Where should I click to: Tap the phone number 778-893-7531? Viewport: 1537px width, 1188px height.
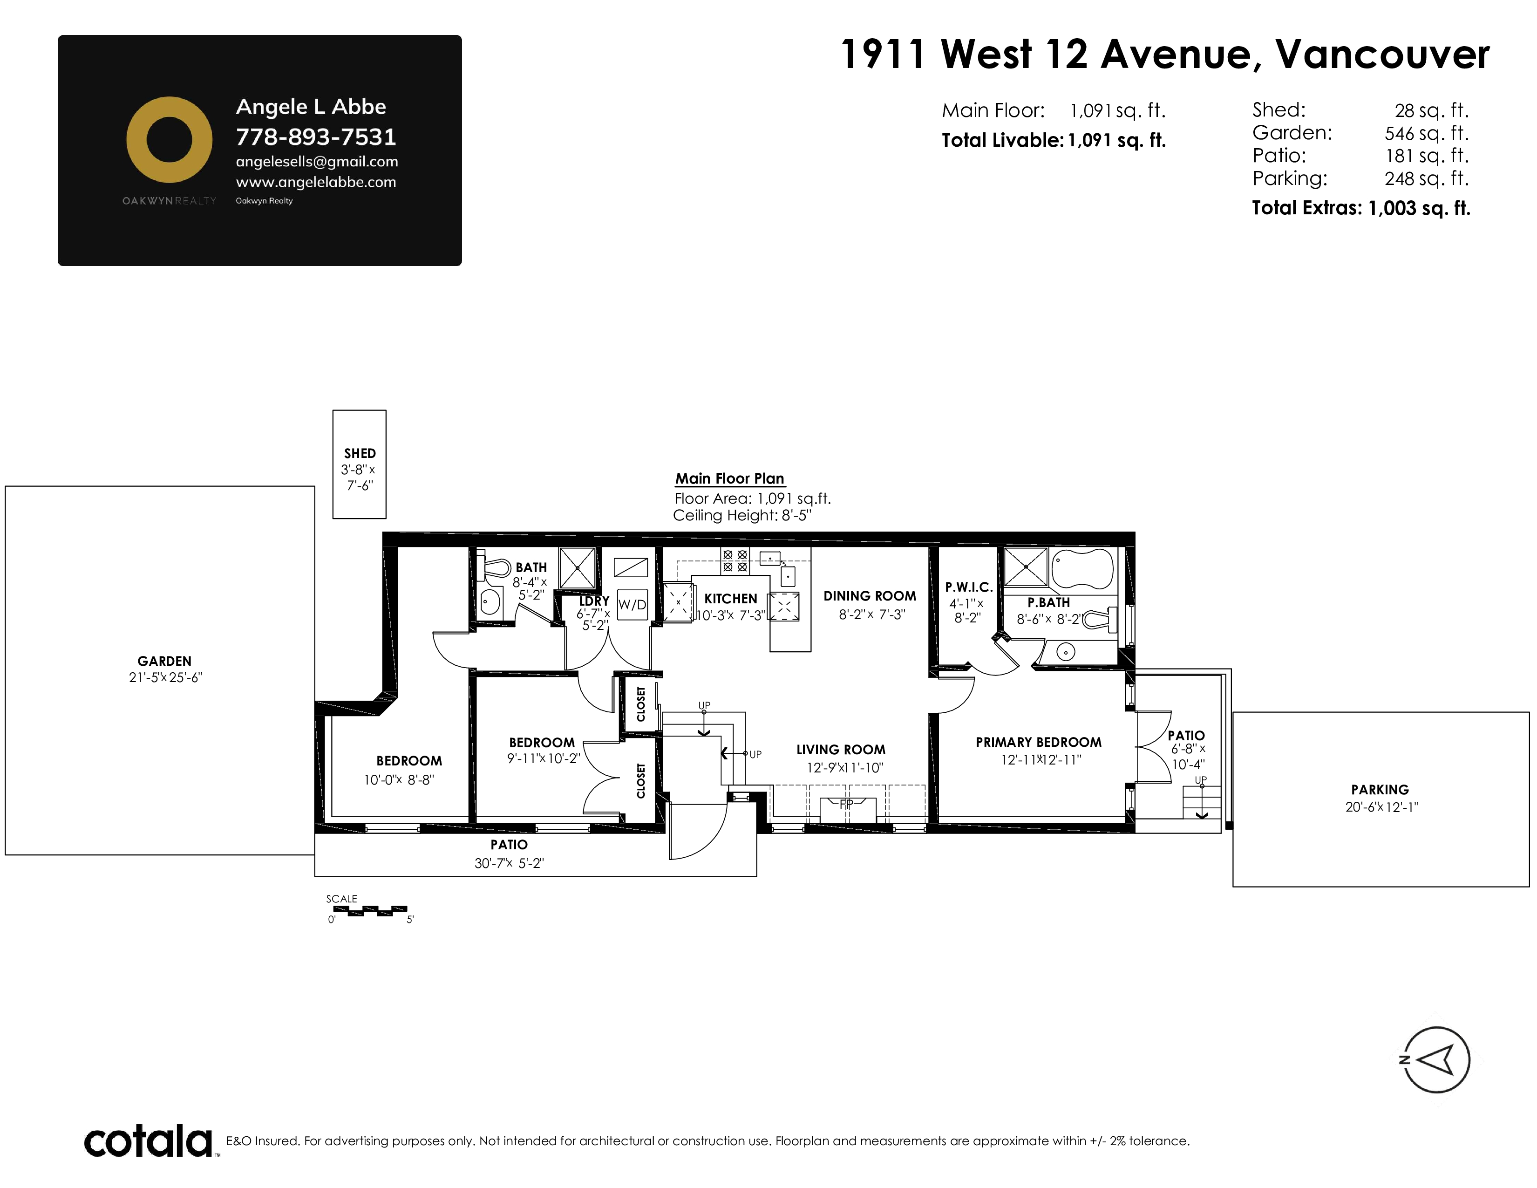[x=316, y=137]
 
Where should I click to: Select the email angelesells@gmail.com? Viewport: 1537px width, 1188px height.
[x=317, y=162]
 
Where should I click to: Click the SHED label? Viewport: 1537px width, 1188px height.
[x=360, y=453]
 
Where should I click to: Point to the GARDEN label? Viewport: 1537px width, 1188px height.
[x=165, y=661]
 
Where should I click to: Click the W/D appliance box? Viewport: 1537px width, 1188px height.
[x=632, y=605]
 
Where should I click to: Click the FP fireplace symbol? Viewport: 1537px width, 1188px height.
[x=847, y=809]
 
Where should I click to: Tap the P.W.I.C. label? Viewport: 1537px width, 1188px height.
[x=968, y=587]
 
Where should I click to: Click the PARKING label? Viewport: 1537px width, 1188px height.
[x=1380, y=790]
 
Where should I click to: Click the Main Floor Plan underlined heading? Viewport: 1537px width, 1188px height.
[x=730, y=478]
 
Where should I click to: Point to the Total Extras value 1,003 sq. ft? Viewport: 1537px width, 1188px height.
[x=1419, y=208]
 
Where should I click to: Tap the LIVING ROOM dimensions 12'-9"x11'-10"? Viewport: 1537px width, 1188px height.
[x=844, y=768]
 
